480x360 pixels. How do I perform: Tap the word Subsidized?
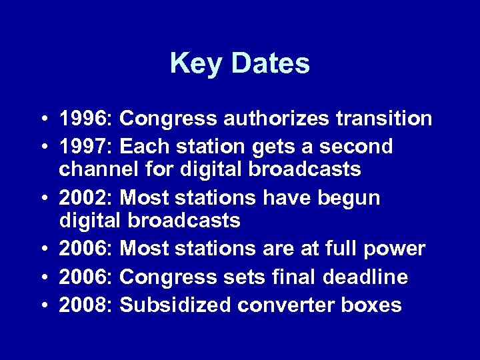point(175,305)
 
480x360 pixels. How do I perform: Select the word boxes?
point(374,305)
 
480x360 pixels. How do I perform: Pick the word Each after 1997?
point(143,145)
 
